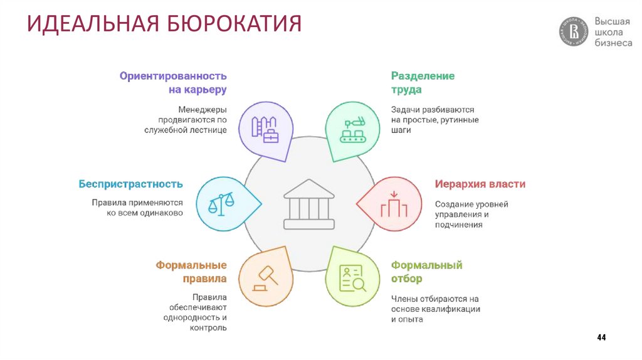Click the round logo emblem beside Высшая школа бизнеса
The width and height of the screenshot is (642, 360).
point(574,32)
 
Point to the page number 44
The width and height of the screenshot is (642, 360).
point(601,338)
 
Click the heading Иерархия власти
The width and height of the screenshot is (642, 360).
point(480,184)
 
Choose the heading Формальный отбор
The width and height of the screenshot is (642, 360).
point(426,272)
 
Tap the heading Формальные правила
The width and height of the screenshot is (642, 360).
point(191,272)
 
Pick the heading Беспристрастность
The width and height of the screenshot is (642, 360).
point(130,184)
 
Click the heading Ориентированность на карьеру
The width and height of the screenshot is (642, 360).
point(173,83)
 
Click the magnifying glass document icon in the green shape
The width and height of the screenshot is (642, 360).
point(352,278)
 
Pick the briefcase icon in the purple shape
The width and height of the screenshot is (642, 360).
point(270,135)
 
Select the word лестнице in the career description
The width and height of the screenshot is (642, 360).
point(211,130)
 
